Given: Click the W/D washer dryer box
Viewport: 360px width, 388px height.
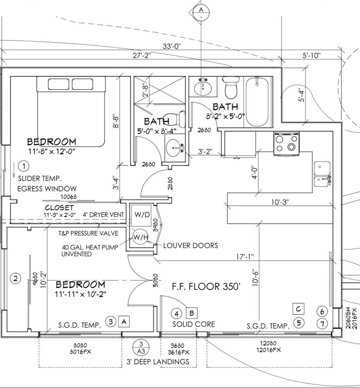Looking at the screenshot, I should (139, 214).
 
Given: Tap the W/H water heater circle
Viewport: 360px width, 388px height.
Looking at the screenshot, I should (139, 236).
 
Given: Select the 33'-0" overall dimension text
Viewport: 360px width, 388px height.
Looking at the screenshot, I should (172, 46).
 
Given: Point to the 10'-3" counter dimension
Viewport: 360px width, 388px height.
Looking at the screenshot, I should (280, 202).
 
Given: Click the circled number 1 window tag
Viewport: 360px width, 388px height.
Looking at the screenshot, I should (24, 166).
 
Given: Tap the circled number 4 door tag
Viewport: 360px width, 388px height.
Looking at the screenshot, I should (176, 313).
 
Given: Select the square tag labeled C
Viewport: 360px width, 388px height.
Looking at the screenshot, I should (299, 309).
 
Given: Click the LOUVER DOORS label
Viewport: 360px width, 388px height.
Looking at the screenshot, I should (191, 245).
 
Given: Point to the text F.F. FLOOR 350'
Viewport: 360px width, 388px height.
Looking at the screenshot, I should (206, 287).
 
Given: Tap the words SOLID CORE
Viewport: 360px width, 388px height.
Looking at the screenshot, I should (194, 324).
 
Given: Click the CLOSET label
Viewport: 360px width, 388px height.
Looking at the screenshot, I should (59, 207).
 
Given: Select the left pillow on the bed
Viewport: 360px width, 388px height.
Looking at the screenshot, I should (59, 84).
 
